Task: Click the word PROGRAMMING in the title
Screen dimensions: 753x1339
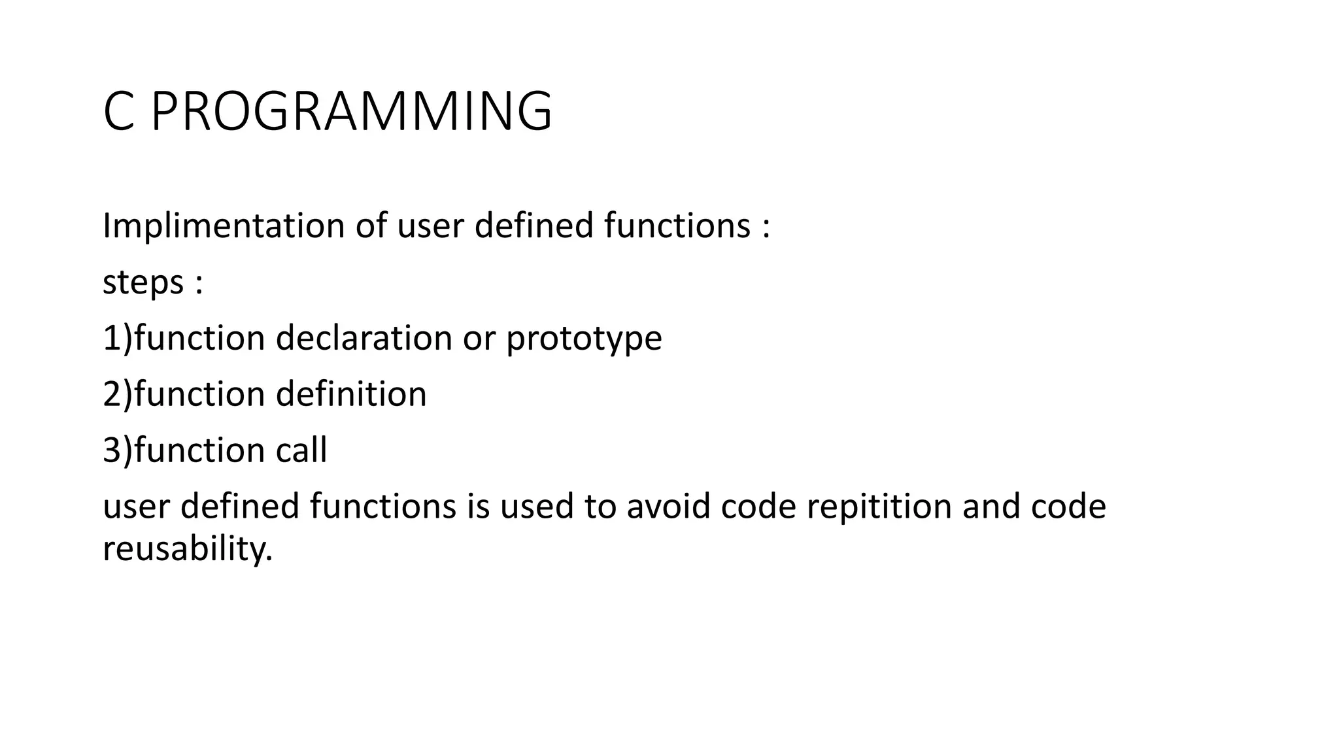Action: click(x=351, y=112)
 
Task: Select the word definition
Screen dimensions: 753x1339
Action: click(x=351, y=395)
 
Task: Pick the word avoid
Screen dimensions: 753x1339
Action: click(x=668, y=507)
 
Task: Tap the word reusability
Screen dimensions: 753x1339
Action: click(x=187, y=549)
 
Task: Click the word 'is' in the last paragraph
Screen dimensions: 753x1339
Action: click(x=478, y=507)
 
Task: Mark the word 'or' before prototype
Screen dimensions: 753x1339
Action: click(x=478, y=339)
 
